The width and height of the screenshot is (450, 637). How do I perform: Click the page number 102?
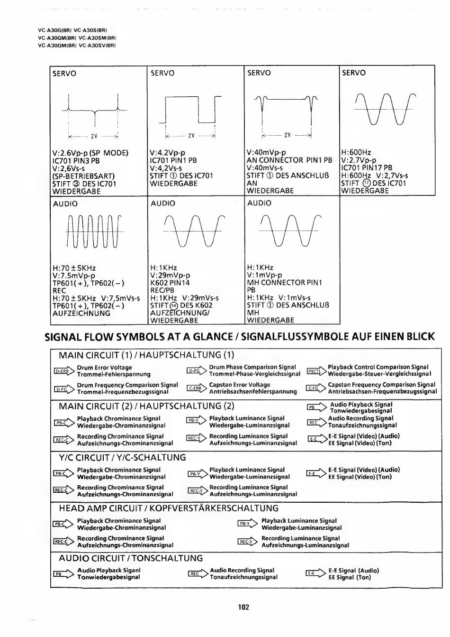point(243,607)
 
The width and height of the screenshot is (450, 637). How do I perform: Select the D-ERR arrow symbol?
point(63,371)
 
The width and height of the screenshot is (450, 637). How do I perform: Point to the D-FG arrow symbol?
point(63,389)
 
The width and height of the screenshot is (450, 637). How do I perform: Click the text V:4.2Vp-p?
point(167,153)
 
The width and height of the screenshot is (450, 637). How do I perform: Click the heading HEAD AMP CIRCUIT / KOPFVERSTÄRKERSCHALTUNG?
point(168,508)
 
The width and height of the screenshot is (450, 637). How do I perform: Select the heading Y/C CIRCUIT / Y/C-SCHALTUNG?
point(122,458)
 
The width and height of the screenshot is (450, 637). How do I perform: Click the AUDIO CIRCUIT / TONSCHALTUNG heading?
point(131,558)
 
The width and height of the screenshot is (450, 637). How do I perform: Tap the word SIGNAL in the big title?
point(65,337)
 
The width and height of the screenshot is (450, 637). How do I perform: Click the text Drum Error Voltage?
point(104,368)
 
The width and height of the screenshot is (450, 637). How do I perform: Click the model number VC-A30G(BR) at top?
point(54,30)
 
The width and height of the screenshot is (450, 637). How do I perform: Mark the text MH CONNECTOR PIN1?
point(284,283)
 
